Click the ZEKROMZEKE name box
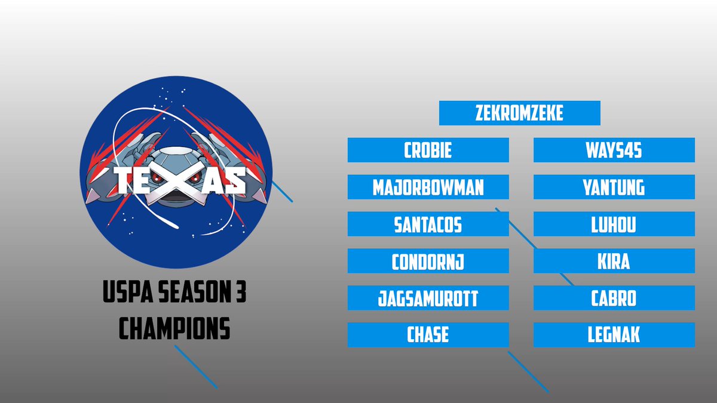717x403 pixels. tap(519, 113)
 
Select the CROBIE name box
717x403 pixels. tap(428, 150)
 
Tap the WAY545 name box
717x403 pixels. tap(614, 150)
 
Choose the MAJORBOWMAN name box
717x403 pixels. tap(428, 187)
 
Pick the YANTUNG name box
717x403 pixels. tap(614, 187)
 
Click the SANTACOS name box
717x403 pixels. tap(428, 224)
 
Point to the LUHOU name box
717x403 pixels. tap(614, 224)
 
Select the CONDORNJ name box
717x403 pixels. tap(428, 262)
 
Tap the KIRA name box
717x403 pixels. tap(614, 262)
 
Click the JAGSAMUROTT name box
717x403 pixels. tap(428, 298)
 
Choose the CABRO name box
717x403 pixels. tap(614, 298)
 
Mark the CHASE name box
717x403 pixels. tap(428, 335)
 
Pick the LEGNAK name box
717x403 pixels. tap(614, 335)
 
